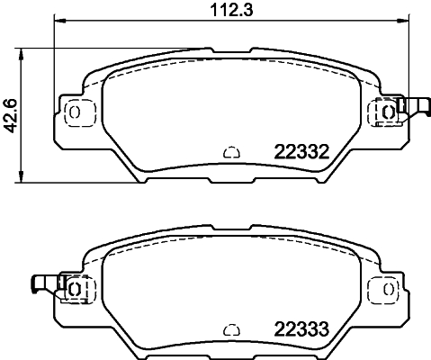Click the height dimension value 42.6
[10, 115]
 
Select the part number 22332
[299, 154]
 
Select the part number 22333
[299, 330]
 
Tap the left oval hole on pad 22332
[75, 112]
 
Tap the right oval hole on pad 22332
[388, 112]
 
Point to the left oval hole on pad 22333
[75, 289]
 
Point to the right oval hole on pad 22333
[388, 289]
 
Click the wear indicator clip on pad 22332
[415, 108]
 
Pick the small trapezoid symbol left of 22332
[230, 153]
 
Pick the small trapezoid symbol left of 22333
[230, 329]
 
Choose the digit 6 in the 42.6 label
[10, 100]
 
